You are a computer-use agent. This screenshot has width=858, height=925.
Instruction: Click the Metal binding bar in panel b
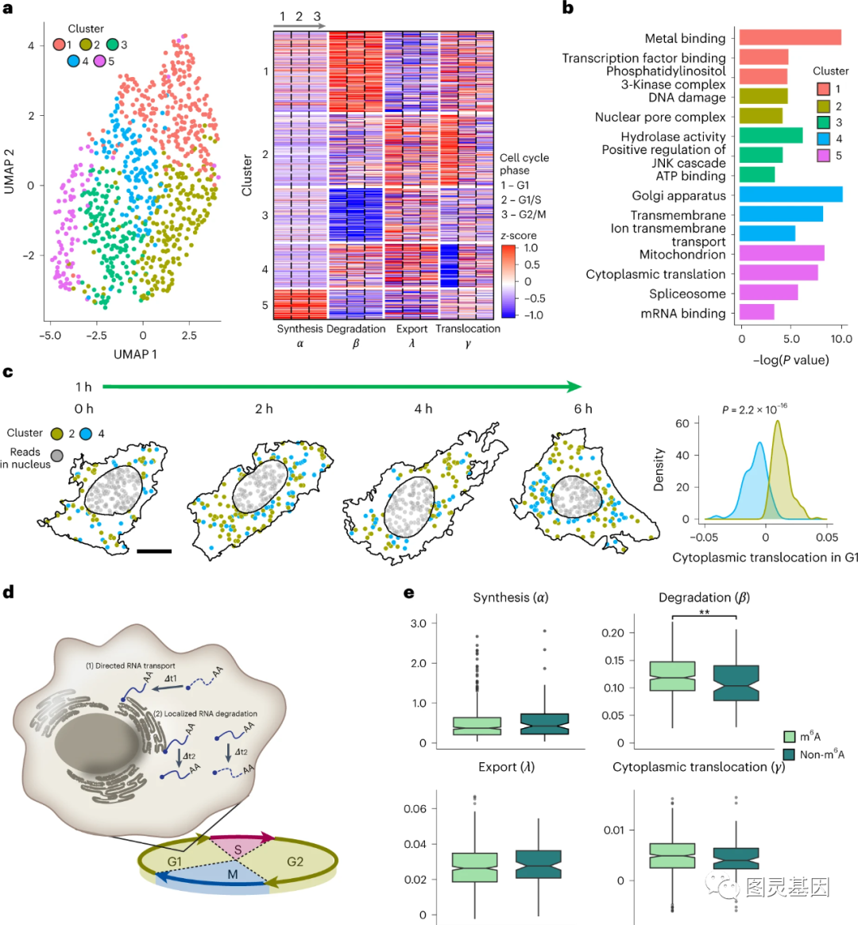pos(790,37)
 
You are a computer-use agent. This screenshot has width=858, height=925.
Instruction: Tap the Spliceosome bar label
pos(687,294)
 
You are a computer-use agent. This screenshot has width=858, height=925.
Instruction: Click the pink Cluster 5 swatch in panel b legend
pos(824,156)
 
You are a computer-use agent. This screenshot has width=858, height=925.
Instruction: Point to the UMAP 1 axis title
pos(135,354)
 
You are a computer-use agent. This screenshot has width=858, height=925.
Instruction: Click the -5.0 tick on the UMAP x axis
pos(50,336)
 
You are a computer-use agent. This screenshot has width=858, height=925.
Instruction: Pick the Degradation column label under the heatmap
pos(355,329)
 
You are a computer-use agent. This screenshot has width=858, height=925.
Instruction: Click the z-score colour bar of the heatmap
pos(508,281)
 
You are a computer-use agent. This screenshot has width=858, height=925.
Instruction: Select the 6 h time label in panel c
pos(583,409)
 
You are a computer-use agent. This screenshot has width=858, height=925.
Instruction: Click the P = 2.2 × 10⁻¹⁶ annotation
pos(755,410)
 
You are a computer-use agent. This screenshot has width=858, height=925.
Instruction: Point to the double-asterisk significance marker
pos(704,612)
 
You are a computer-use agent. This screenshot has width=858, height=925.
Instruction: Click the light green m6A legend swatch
pos(789,737)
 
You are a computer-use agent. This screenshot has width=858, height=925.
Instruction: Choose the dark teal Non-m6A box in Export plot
pos(539,864)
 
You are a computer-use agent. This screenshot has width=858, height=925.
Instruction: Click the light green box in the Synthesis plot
pos(477,726)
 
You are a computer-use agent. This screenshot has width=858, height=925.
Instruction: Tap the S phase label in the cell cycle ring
pos(238,850)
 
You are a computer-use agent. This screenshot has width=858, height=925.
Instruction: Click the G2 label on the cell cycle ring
pos(295,861)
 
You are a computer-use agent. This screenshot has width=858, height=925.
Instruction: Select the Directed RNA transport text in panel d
pos(130,665)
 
